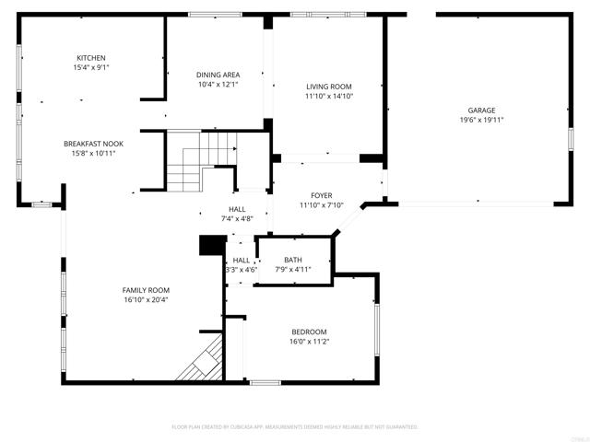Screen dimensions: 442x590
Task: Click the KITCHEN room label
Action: click(x=90, y=58)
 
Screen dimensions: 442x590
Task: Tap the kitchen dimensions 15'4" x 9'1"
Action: click(x=90, y=67)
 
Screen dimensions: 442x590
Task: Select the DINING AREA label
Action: click(x=218, y=75)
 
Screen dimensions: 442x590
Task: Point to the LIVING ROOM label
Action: click(x=329, y=87)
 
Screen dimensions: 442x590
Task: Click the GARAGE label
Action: click(x=481, y=110)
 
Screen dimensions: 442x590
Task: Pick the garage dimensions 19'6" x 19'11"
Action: click(x=481, y=120)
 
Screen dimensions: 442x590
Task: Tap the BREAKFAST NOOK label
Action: click(x=93, y=144)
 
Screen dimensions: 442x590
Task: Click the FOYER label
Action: click(x=321, y=195)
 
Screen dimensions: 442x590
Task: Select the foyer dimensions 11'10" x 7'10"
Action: click(x=321, y=204)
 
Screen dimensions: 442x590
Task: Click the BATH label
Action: click(x=293, y=260)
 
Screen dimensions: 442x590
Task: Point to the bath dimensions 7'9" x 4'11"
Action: click(x=293, y=269)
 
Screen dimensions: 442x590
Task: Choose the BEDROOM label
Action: click(x=309, y=331)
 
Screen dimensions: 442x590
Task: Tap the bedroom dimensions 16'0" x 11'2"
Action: click(x=309, y=341)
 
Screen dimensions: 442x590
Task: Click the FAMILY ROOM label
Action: click(x=146, y=290)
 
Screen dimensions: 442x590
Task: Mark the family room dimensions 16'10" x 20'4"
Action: click(x=146, y=299)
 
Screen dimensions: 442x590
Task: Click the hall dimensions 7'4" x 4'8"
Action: click(x=237, y=218)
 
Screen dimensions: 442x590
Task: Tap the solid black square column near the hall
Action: click(x=213, y=245)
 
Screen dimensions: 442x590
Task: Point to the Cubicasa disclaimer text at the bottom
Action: click(x=295, y=426)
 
